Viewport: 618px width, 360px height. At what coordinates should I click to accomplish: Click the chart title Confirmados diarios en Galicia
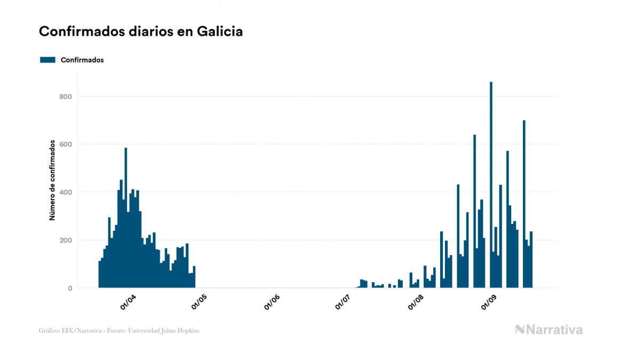tap(140, 32)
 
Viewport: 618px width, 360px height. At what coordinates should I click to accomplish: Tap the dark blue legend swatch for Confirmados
tap(48, 60)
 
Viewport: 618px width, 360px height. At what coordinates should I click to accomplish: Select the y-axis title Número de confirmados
tap(52, 180)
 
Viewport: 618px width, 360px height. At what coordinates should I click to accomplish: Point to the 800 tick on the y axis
tap(65, 97)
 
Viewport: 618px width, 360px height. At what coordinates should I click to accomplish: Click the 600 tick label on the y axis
tap(65, 144)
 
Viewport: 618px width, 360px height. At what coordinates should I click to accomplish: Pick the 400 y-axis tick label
tap(65, 192)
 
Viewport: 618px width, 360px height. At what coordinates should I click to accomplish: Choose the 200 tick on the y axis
tap(65, 240)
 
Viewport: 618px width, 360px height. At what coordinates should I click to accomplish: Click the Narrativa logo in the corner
tap(549, 330)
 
